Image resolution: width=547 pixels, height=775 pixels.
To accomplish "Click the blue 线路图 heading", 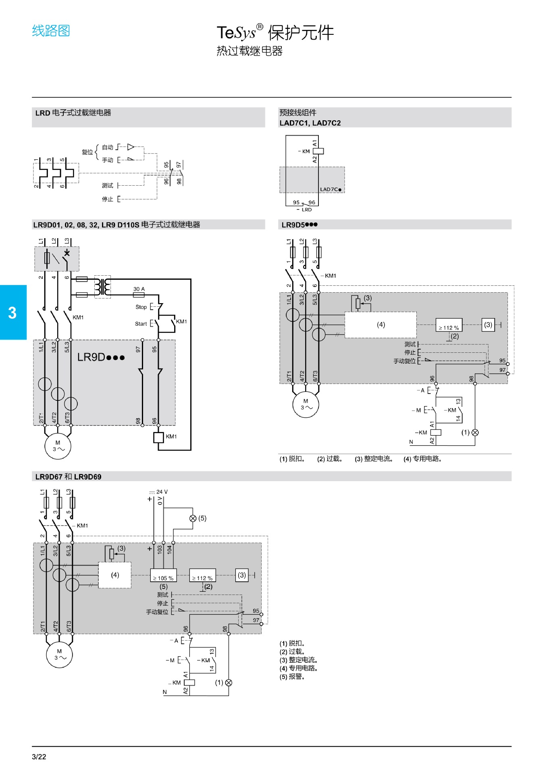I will (51, 31).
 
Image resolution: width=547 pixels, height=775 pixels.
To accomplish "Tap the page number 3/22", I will (39, 757).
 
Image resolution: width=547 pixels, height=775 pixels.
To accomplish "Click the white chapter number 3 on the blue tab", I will (12, 313).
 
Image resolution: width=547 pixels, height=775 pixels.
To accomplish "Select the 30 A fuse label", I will (139, 289).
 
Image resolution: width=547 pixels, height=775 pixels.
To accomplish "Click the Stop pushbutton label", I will (141, 307).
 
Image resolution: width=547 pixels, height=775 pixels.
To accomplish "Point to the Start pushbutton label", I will (141, 324).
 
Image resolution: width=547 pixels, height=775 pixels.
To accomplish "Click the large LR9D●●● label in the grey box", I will (101, 357).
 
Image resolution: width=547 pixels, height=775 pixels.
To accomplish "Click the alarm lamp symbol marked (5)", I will (193, 518).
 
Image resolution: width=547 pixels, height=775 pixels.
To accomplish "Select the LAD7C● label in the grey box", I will (331, 189).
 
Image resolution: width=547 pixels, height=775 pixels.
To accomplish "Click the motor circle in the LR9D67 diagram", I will (59, 654).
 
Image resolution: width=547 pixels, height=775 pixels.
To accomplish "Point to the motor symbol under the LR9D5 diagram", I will (306, 404).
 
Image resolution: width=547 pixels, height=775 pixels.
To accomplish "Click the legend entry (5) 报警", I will (292, 677).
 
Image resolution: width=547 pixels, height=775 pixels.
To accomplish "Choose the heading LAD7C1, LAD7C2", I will (310, 123).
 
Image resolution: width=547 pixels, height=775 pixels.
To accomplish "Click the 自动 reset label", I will (108, 147).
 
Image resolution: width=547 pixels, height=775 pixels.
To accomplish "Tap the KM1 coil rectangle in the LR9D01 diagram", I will (158, 437).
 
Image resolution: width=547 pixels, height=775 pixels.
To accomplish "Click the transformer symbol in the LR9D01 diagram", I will (102, 287).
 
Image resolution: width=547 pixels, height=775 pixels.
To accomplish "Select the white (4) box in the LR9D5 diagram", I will (381, 325).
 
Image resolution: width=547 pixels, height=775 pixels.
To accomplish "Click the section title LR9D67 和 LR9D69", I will (68, 477).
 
